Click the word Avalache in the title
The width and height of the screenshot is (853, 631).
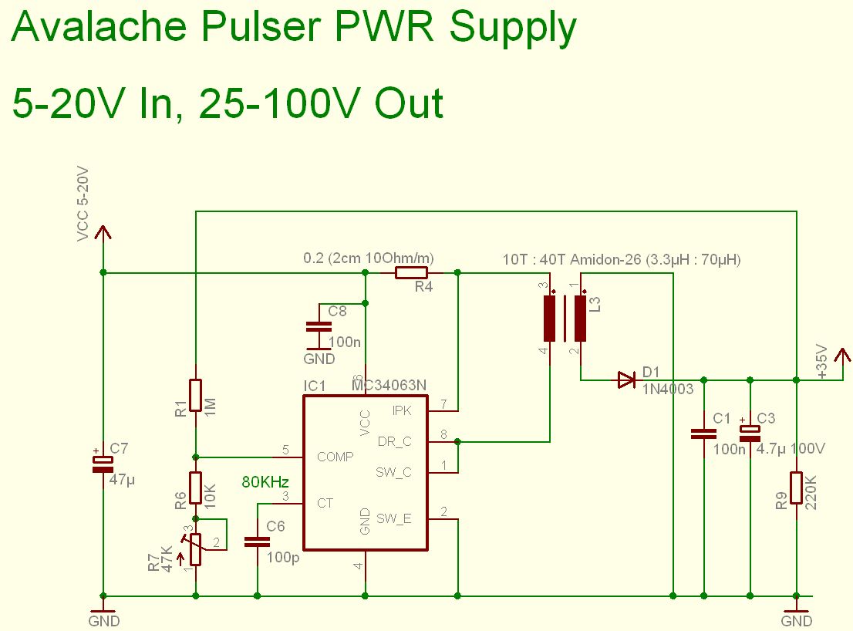pos(99,26)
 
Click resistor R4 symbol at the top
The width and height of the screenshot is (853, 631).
pos(411,272)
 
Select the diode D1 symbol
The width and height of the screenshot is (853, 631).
pos(627,380)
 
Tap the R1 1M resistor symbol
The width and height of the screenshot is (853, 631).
pos(195,396)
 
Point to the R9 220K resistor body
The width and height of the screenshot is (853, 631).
pos(797,488)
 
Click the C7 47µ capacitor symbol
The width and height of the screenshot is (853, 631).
pos(103,464)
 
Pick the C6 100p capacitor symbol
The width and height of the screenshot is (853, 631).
pos(258,542)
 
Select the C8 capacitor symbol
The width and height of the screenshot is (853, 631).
pos(319,327)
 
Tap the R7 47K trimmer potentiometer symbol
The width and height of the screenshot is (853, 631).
pos(195,549)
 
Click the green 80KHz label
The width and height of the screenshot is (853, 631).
pos(265,481)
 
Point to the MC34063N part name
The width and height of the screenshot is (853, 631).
pos(389,385)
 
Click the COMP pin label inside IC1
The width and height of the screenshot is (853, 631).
pos(335,457)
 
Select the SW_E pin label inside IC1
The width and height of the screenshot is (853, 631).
pos(394,519)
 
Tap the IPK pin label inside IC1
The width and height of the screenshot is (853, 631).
pos(402,410)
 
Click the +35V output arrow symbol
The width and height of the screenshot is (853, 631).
pos(843,363)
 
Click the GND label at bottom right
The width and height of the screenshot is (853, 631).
pos(797,621)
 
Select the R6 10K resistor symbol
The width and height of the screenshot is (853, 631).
pos(195,488)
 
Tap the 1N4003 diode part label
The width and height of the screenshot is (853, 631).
pos(667,389)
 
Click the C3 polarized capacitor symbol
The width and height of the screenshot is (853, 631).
pos(750,433)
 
